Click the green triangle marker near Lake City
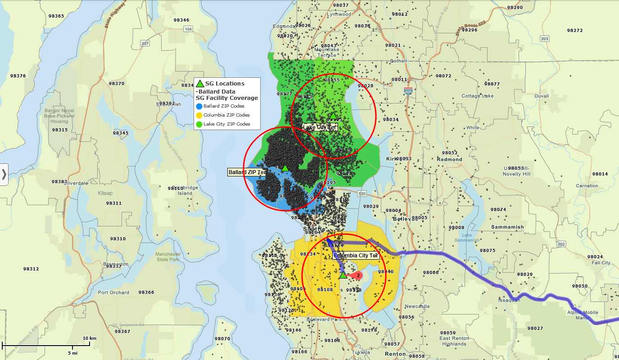[x=333, y=117]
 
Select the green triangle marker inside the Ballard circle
[x=285, y=168]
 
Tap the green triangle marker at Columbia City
[x=343, y=274]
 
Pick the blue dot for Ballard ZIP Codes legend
[x=199, y=106]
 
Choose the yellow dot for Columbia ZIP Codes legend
[x=199, y=115]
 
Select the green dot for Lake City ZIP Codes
[x=199, y=124]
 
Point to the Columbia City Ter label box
[x=356, y=256]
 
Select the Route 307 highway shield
[x=145, y=44]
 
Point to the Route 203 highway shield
[x=545, y=39]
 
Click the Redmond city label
[x=449, y=159]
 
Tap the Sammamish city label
[x=507, y=227]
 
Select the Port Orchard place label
[x=113, y=292]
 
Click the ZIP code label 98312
[x=31, y=269]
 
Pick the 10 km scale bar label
[x=90, y=338]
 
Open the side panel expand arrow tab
[x=4, y=174]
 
